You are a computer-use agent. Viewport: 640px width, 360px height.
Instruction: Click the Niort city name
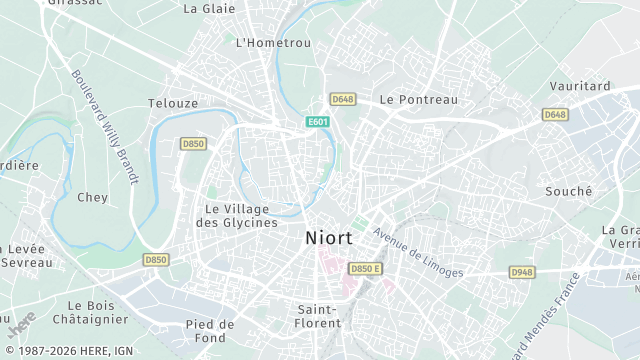[327, 239]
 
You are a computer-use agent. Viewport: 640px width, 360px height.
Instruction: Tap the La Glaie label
[209, 9]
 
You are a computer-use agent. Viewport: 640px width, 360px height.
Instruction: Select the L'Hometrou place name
[273, 43]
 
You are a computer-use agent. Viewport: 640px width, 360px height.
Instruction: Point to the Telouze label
[172, 103]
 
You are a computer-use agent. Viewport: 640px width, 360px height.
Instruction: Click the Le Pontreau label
[418, 100]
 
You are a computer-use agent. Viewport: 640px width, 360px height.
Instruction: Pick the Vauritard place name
[580, 87]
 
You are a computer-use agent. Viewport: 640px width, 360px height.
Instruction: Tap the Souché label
[568, 191]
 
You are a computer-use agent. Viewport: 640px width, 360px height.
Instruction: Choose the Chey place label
[92, 197]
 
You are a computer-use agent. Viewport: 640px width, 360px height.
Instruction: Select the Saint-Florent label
[319, 316]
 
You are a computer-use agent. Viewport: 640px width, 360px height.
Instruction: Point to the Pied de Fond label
[210, 331]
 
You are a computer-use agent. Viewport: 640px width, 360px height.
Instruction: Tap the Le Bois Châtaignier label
[98, 312]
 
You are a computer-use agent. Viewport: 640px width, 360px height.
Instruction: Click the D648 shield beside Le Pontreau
[343, 99]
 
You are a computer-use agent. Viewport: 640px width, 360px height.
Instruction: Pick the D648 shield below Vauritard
[556, 115]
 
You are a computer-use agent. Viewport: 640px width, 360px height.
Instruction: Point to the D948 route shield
[522, 271]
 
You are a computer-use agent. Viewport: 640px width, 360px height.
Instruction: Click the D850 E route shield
[365, 269]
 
